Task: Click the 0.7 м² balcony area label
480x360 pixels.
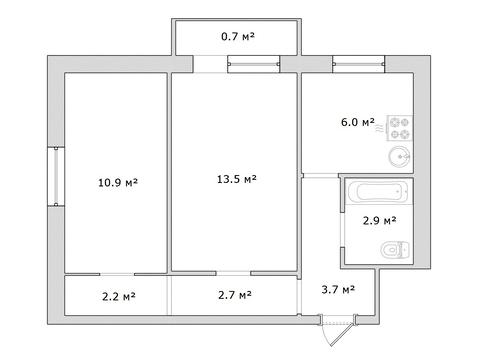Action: pyautogui.click(x=238, y=36)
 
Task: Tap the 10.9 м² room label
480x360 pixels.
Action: pyautogui.click(x=118, y=182)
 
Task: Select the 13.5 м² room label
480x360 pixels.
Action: pyautogui.click(x=237, y=179)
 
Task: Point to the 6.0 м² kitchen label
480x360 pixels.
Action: pyautogui.click(x=357, y=122)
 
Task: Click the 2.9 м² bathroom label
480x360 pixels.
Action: pyautogui.click(x=379, y=220)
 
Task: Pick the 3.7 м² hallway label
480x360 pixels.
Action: pyautogui.click(x=338, y=289)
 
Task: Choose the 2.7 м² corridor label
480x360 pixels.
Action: pyautogui.click(x=235, y=295)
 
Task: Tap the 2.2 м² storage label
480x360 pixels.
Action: pyautogui.click(x=119, y=296)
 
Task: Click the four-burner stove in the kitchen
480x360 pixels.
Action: pyautogui.click(x=400, y=128)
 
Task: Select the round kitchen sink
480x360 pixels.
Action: pyautogui.click(x=400, y=157)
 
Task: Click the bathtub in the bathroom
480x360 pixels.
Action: pyautogui.click(x=379, y=192)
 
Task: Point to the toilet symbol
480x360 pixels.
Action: pyautogui.click(x=395, y=250)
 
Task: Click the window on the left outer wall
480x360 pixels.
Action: pyautogui.click(x=56, y=177)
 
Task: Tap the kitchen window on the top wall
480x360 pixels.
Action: pyautogui.click(x=359, y=64)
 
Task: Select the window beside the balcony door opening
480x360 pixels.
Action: pyautogui.click(x=253, y=64)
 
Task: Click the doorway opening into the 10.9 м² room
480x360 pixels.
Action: pyautogui.click(x=117, y=274)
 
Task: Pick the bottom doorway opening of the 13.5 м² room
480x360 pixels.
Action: pyautogui.click(x=233, y=273)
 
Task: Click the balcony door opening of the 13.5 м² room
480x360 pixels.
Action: pyautogui.click(x=210, y=64)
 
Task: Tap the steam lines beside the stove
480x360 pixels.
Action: pyautogui.click(x=380, y=128)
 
